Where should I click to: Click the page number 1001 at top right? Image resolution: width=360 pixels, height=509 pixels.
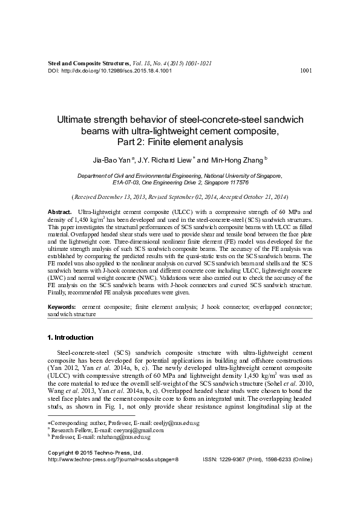[306, 70]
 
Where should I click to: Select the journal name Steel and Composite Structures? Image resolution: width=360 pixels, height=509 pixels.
[88, 62]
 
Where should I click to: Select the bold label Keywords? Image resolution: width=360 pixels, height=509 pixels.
[62, 308]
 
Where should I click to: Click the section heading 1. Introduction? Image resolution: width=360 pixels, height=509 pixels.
[70, 337]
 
